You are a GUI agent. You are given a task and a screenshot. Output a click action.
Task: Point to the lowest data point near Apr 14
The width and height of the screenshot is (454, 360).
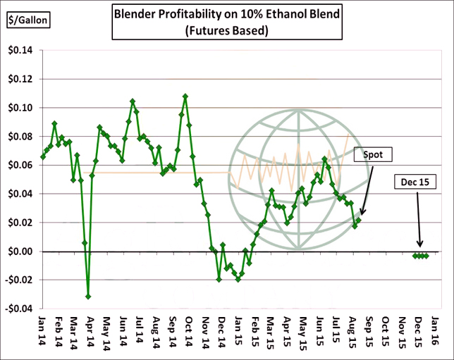coord(88,297)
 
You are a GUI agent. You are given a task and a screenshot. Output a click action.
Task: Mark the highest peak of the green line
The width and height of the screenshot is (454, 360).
coord(185,96)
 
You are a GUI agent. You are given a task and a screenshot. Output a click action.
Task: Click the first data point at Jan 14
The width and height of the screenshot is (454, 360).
coord(43,156)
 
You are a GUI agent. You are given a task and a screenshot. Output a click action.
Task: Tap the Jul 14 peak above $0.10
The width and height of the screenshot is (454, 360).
coord(133,101)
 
